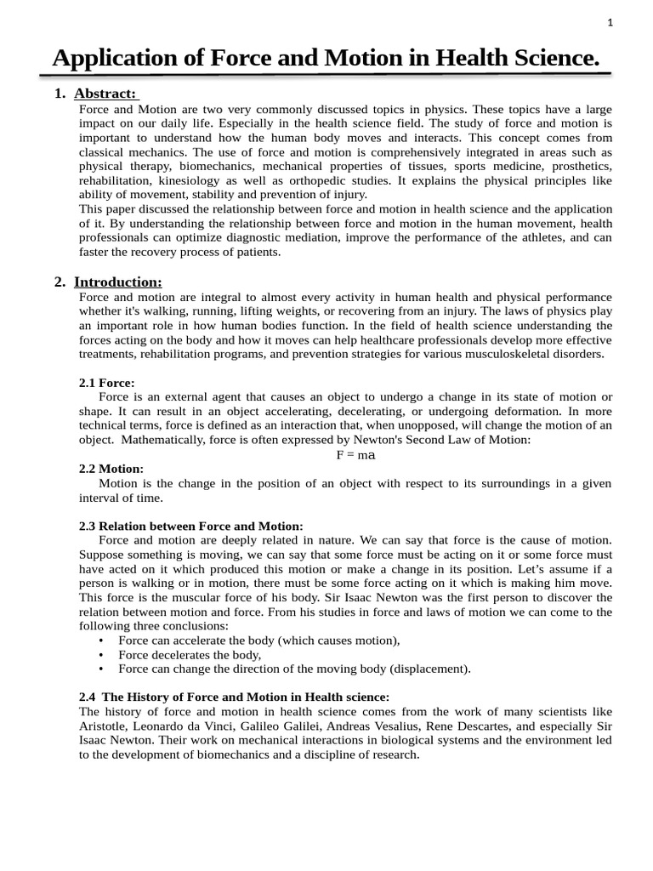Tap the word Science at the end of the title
[x=548, y=59]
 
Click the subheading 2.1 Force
[x=106, y=383]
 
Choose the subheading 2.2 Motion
[x=111, y=469]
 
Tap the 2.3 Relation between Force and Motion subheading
[x=190, y=527]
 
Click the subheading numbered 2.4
[x=234, y=697]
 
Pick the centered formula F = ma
[x=356, y=455]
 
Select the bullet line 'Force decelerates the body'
[x=190, y=655]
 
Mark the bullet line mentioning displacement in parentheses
[x=294, y=669]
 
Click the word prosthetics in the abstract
[x=581, y=167]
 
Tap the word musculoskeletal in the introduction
[x=504, y=354]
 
